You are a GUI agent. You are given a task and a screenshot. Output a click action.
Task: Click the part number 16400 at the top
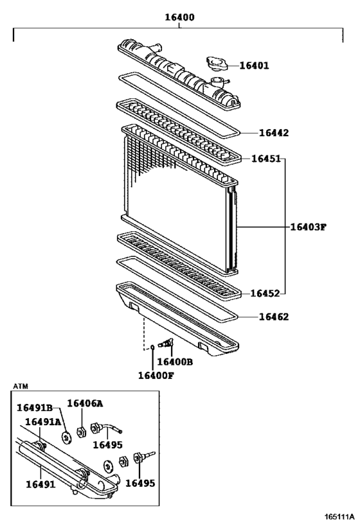(x=180, y=18)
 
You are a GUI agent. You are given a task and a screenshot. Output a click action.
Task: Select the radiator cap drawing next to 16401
(x=217, y=64)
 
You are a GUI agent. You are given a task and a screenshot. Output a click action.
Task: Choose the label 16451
(x=265, y=159)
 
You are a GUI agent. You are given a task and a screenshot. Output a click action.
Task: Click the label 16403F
(x=308, y=227)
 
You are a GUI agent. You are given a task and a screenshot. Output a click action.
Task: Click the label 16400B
(x=175, y=362)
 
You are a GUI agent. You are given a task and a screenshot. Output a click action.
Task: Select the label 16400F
(x=156, y=375)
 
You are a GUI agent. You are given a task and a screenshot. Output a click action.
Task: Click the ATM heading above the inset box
(x=21, y=387)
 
